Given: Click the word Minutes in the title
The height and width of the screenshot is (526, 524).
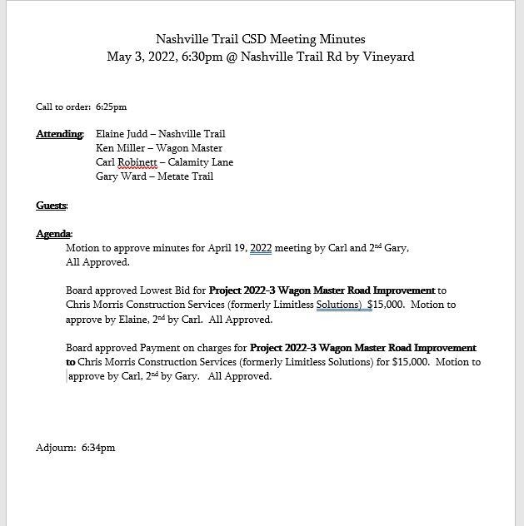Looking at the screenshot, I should [343, 39].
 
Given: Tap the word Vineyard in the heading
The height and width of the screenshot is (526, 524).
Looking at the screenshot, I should [388, 57].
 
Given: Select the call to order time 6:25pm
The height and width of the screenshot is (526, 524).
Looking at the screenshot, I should [111, 107].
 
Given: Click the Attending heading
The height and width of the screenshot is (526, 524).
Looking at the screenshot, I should [59, 134].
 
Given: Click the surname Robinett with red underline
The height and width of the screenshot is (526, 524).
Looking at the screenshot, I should [141, 162].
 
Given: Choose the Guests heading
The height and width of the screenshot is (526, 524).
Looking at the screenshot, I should [51, 206].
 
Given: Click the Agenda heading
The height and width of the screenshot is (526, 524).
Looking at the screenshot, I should [53, 234].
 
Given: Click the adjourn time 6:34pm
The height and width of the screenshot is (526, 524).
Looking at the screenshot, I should [98, 448].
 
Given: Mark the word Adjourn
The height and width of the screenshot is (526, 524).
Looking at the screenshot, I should [56, 448].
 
